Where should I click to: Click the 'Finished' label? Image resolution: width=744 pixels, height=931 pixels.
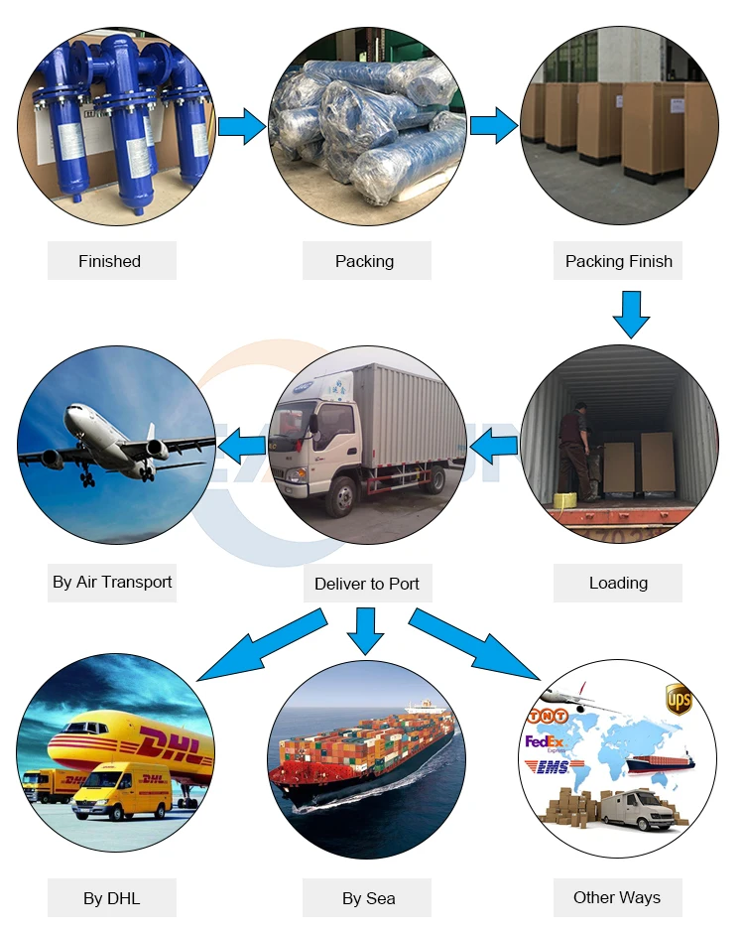(x=110, y=261)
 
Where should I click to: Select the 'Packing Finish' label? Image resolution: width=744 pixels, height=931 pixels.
(x=618, y=261)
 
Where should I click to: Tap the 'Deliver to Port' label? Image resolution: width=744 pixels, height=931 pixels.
(x=367, y=584)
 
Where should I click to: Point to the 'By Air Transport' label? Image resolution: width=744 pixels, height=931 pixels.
(x=112, y=582)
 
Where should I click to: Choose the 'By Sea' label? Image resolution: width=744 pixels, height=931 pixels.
(x=368, y=898)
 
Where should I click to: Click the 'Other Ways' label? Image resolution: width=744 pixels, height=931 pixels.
(x=617, y=897)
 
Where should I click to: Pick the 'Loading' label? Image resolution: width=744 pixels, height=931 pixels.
(x=618, y=583)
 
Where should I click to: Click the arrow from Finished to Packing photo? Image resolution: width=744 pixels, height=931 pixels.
(x=241, y=126)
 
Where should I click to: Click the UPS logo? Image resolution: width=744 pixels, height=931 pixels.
(x=679, y=699)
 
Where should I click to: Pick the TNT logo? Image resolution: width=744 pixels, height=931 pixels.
(x=548, y=716)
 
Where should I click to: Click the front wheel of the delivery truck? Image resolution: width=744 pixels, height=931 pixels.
(x=341, y=494)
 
